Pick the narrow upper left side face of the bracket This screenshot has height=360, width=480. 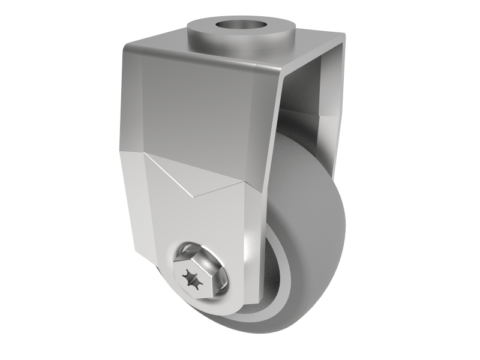pos(131,102)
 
